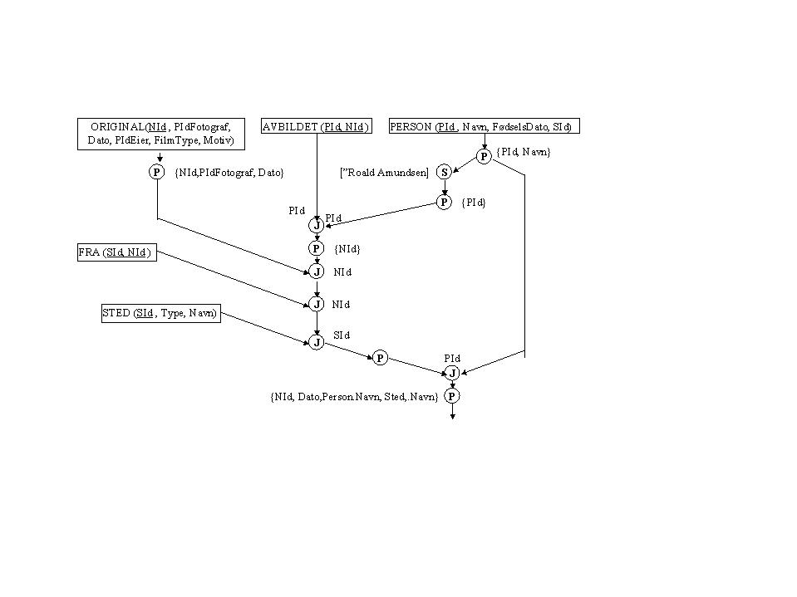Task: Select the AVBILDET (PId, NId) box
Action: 316,126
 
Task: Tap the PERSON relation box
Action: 483,126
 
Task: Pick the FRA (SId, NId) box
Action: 115,253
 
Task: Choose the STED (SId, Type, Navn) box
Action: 160,313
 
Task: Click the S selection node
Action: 444,172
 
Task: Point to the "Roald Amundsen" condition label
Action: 384,173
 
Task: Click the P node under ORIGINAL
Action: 157,172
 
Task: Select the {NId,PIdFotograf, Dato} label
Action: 229,172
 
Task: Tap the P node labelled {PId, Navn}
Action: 484,155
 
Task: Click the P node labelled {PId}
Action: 444,202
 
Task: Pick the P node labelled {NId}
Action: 316,247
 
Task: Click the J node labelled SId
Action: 316,342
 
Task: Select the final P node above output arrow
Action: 451,396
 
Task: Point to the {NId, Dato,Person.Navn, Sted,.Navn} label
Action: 354,397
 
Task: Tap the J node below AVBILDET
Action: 316,225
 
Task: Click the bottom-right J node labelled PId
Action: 451,373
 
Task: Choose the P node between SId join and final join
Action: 379,358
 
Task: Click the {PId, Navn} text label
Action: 523,152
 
